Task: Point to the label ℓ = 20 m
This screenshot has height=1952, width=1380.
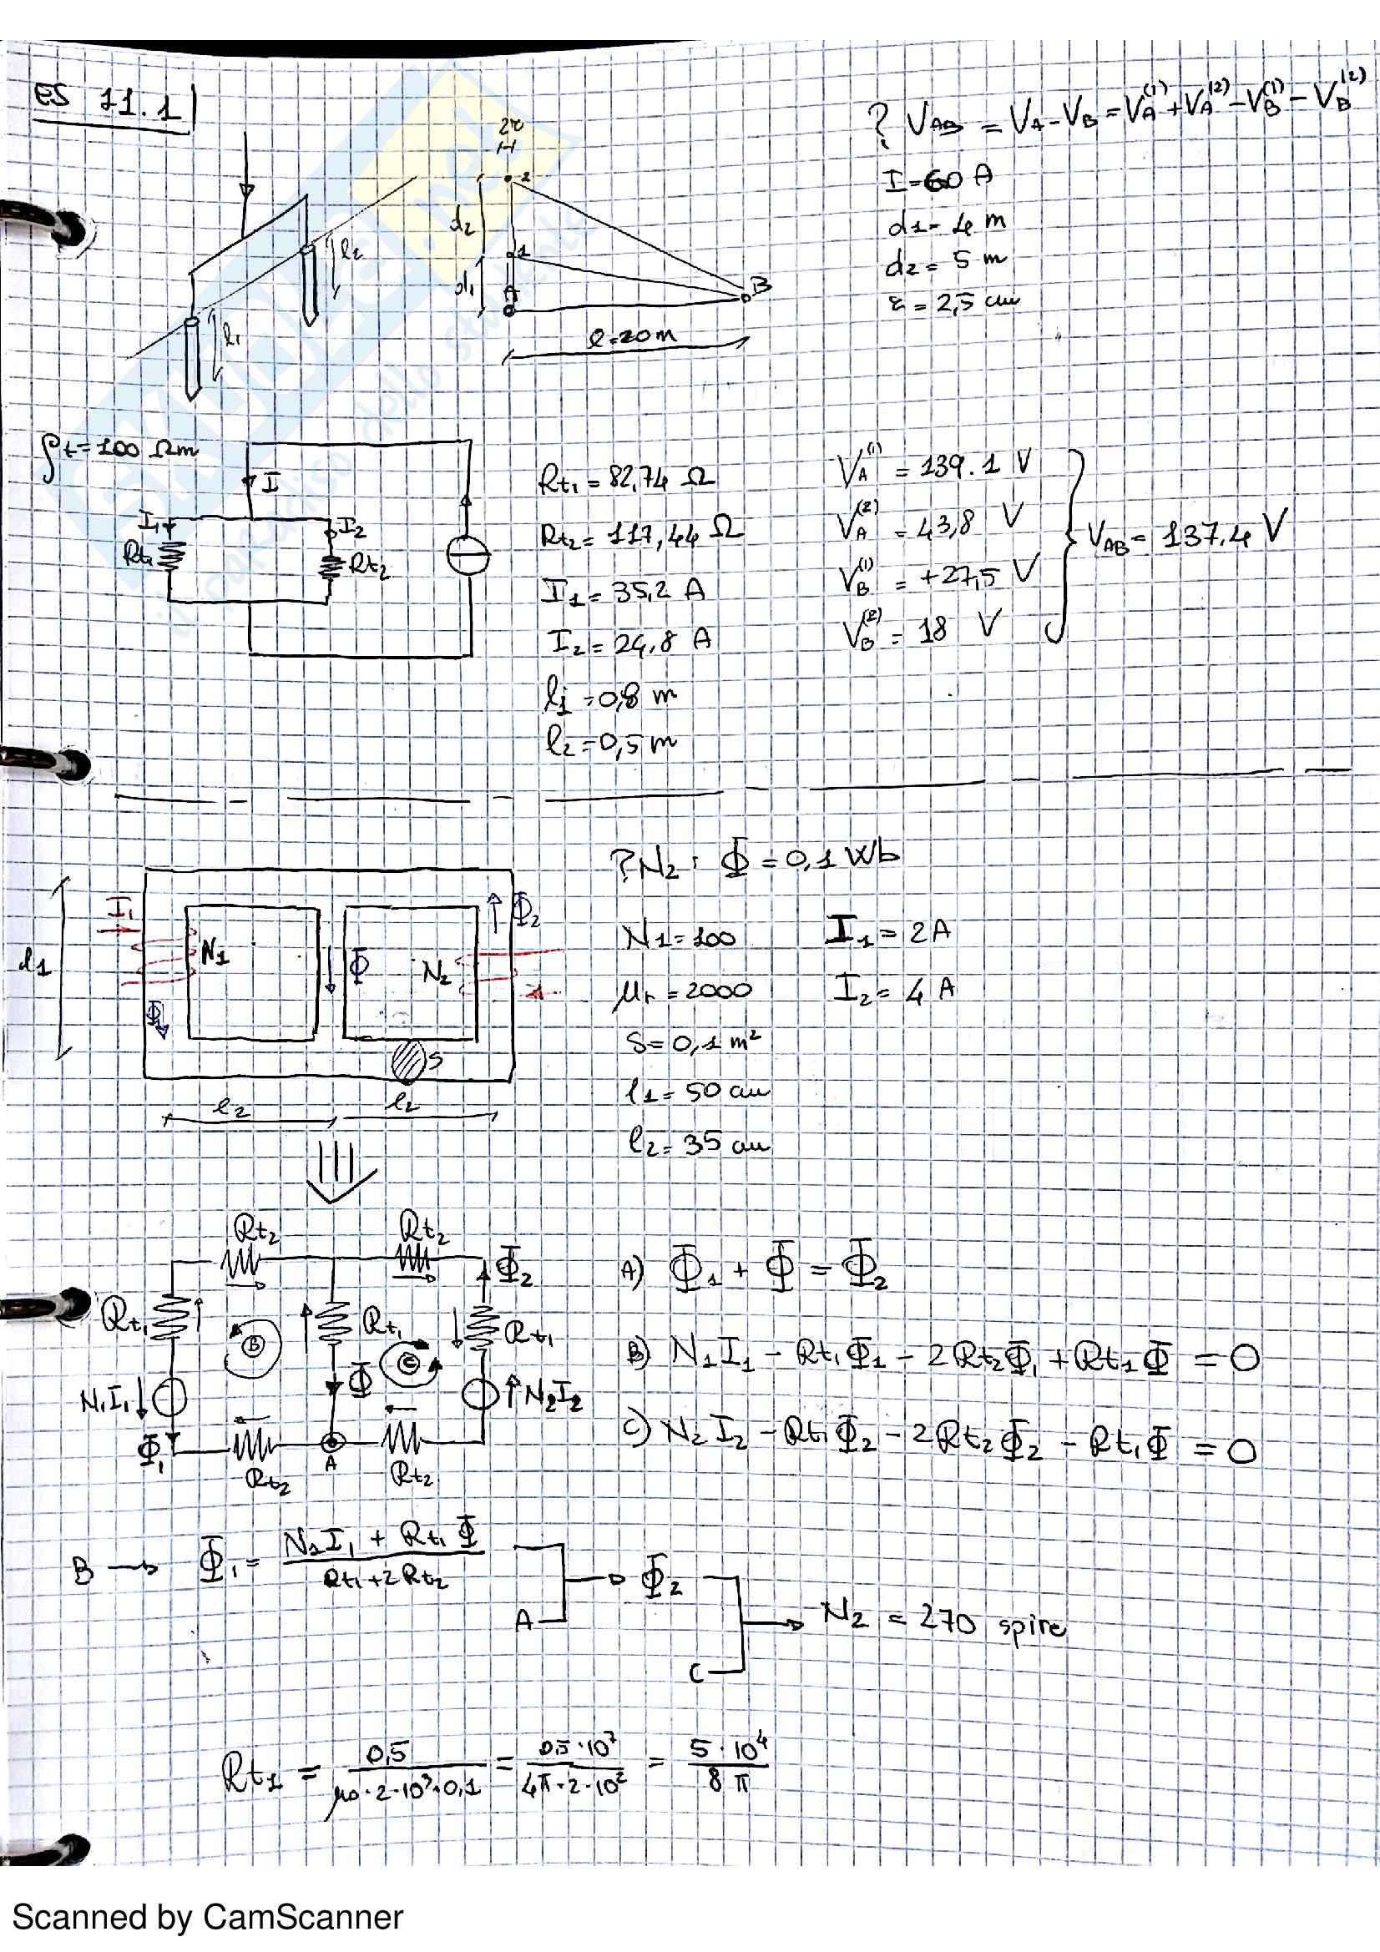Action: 633,336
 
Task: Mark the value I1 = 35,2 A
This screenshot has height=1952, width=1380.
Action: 624,590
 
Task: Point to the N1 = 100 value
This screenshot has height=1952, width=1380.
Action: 679,937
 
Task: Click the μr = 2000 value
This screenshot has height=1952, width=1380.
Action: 683,991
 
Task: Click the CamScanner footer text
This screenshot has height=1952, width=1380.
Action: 206,1917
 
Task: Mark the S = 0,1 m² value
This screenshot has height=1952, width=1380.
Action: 693,1041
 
